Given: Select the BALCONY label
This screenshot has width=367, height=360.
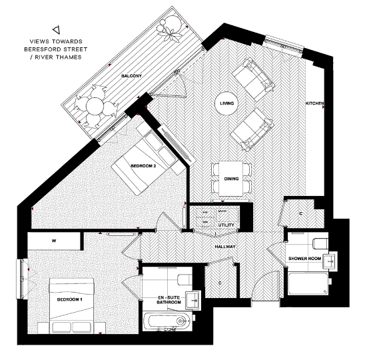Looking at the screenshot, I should click(131, 77).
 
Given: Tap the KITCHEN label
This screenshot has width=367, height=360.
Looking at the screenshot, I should click(314, 104).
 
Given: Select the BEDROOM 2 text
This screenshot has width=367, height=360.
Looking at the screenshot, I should click(143, 166).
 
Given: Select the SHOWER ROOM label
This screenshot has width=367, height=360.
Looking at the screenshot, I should click(306, 258).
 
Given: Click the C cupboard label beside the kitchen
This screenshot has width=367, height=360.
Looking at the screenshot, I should click(300, 214).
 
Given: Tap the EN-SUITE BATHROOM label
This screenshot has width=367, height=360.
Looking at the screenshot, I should click(169, 299).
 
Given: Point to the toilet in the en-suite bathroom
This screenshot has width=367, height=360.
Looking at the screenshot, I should click(184, 275).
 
